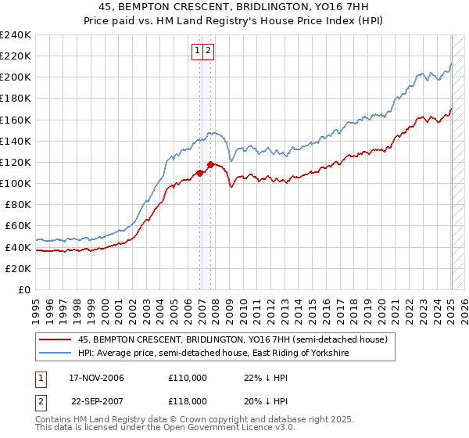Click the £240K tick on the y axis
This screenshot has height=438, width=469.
[17, 34]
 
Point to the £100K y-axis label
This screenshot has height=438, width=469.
[17, 183]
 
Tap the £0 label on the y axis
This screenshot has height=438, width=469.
[24, 289]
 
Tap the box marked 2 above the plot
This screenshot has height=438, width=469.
[209, 51]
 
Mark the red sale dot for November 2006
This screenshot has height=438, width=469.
[200, 173]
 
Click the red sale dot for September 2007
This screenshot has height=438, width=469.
[211, 164]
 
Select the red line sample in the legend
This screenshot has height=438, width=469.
[55, 339]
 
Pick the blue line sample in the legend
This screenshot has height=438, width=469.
[55, 354]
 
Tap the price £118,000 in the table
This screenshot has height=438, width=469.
[188, 400]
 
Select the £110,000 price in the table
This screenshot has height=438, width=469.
[188, 378]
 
